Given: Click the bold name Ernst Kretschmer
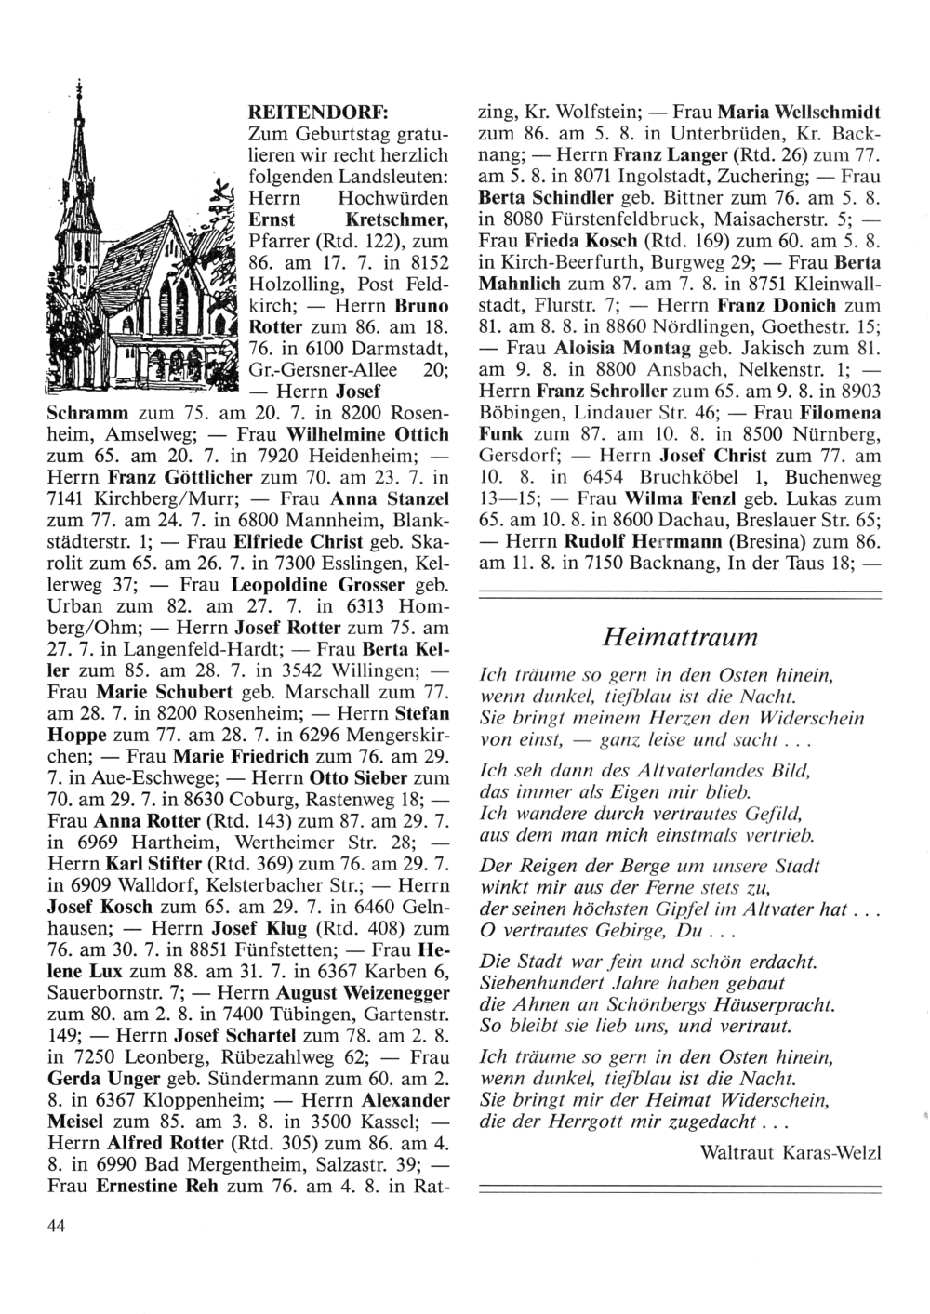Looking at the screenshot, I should tap(348, 220).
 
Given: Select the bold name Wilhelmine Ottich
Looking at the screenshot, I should tap(368, 434).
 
